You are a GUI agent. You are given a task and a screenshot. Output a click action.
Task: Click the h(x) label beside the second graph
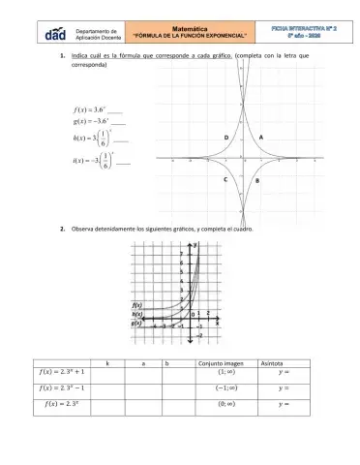point(137,314)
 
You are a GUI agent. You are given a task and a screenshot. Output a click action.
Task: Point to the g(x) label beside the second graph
point(137,323)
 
